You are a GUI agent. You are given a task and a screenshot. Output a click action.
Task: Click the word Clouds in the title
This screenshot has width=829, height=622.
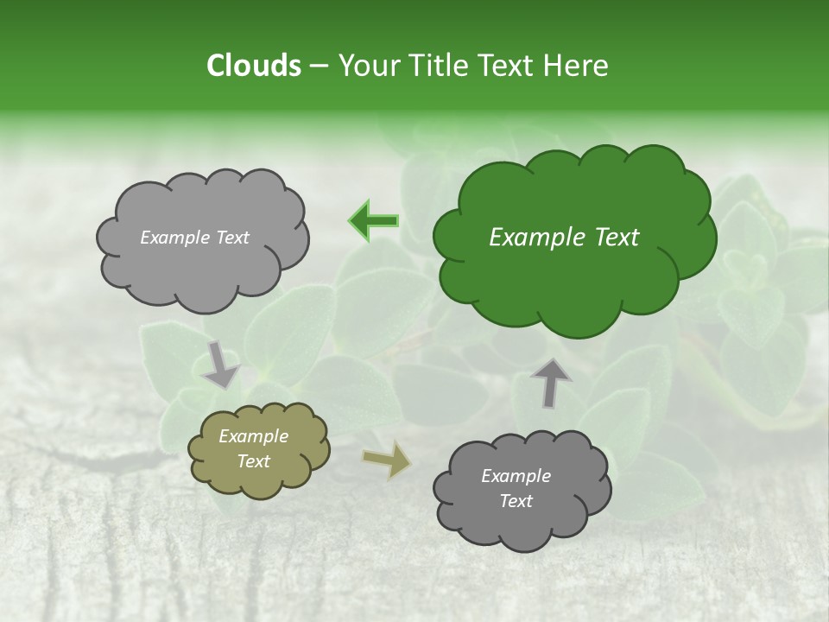(253, 66)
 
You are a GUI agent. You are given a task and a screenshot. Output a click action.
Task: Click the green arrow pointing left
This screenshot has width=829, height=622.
(374, 221)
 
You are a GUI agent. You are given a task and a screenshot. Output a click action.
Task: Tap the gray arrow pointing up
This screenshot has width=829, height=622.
(551, 382)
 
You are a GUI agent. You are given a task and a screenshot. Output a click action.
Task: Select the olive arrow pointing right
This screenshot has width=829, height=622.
(387, 460)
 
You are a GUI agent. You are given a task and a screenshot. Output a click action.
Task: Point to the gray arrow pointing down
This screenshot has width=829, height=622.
(221, 363)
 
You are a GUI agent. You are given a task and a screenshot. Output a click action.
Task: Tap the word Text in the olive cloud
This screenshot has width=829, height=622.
(253, 461)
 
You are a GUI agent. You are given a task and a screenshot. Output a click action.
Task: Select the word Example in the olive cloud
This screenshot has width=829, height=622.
(253, 436)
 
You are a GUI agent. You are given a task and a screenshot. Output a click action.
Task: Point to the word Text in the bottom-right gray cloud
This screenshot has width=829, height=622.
(516, 501)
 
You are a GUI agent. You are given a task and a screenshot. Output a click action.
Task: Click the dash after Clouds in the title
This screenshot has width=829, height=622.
(318, 67)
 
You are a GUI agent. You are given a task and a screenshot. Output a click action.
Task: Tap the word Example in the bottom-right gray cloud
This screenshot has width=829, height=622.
(516, 476)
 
